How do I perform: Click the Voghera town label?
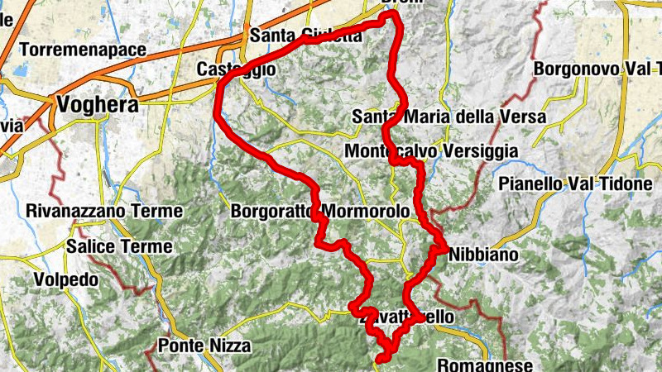coord(96,105)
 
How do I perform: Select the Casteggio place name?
coord(236,70)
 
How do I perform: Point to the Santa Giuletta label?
coord(305,36)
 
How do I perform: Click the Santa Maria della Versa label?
coord(449,117)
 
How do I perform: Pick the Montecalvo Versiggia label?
coord(430,152)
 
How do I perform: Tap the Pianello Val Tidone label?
coord(575,184)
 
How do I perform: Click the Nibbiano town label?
coord(482,255)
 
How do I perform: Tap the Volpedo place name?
coord(66,280)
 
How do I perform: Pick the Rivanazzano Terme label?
coord(103,212)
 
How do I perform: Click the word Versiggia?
coord(478,152)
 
